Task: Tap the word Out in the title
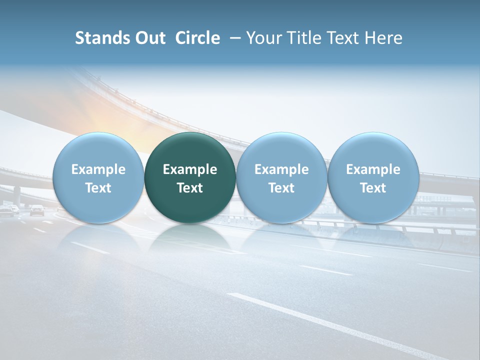click(x=148, y=38)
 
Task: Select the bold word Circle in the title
click(x=197, y=38)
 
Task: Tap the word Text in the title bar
click(x=344, y=38)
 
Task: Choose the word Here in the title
click(x=384, y=38)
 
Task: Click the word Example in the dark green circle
click(x=190, y=169)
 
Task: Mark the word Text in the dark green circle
click(x=190, y=188)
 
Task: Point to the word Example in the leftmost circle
click(x=98, y=169)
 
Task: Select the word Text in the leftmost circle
click(x=98, y=188)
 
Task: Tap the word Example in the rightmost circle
click(x=373, y=169)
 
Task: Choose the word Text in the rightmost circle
click(x=373, y=188)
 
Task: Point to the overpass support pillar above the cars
click(x=17, y=195)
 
